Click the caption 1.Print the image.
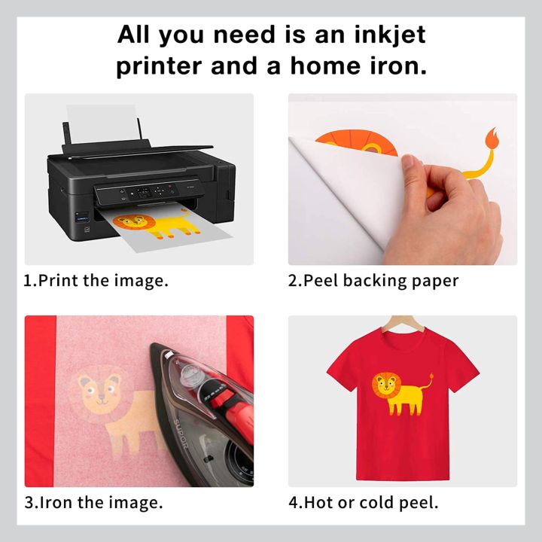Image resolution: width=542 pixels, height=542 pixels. pyautogui.click(x=96, y=281)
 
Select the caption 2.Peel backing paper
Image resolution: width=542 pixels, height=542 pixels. pyautogui.click(x=373, y=281)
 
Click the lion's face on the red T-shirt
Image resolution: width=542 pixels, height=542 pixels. pyautogui.click(x=386, y=386)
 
